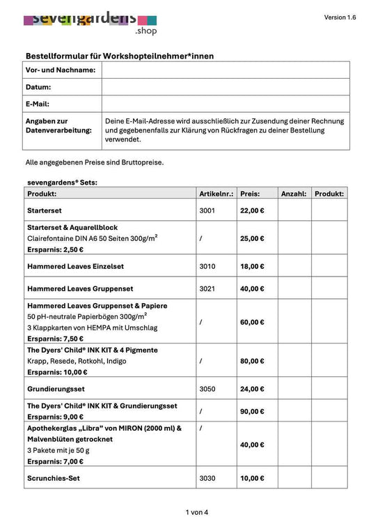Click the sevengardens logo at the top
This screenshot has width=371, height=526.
pyautogui.click(x=90, y=21)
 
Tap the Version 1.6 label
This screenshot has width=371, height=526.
pyautogui.click(x=340, y=17)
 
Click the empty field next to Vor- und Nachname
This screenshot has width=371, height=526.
pyautogui.click(x=226, y=70)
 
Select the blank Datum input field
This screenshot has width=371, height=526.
pyautogui.click(x=226, y=87)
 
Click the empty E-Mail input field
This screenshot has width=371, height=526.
pyautogui.click(x=226, y=104)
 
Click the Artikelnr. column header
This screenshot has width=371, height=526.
pyautogui.click(x=216, y=194)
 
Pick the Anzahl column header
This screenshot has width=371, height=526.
pyautogui.click(x=293, y=194)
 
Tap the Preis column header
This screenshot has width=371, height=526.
pyautogui.click(x=250, y=194)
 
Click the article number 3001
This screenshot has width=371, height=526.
pyautogui.click(x=207, y=210)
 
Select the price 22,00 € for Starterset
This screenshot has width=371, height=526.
pyautogui.click(x=252, y=210)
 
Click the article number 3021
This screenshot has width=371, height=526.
pyautogui.click(x=207, y=288)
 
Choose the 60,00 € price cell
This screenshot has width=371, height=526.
pyautogui.click(x=252, y=322)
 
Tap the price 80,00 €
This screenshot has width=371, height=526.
pyautogui.click(x=252, y=361)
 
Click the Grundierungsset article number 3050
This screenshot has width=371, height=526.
pyautogui.click(x=207, y=389)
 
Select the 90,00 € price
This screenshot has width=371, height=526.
pyautogui.click(x=252, y=411)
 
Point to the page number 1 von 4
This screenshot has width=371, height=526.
pyautogui.click(x=197, y=512)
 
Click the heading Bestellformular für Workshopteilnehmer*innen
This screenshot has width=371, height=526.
pyautogui.click(x=120, y=56)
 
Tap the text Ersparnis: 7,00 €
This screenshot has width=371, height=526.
pyautogui.click(x=56, y=461)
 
